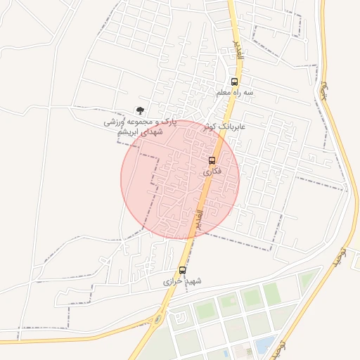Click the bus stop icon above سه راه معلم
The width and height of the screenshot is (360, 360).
(x=234, y=81)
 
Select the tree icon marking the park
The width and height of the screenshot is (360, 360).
(x=140, y=110)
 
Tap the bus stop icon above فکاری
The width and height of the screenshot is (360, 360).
(x=212, y=160)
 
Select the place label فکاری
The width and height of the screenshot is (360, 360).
(x=212, y=172)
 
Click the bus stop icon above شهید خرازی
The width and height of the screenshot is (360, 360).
(x=183, y=269)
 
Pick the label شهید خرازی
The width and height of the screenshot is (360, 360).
(x=182, y=281)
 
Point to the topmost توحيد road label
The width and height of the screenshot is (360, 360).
(x=325, y=89)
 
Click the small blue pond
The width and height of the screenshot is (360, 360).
(x=264, y=345)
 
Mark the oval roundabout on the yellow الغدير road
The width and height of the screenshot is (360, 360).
(x=157, y=320)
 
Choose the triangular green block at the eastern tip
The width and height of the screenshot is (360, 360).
(x=307, y=280)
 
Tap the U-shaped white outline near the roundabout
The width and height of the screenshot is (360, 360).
(x=181, y=319)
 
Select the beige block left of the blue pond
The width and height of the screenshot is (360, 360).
(x=245, y=350)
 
